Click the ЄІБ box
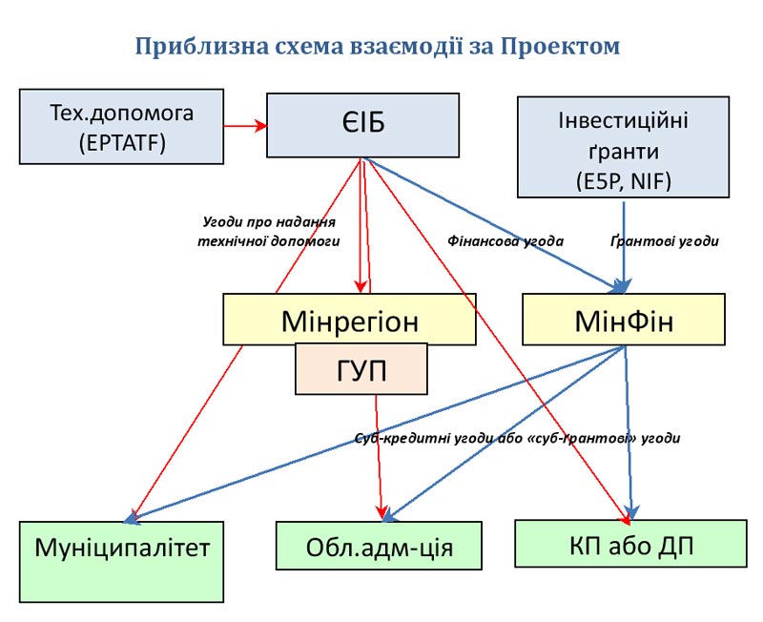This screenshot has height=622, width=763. pyautogui.click(x=362, y=125)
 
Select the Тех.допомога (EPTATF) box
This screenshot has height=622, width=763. pyautogui.click(x=121, y=127)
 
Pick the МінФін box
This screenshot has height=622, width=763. pyautogui.click(x=624, y=320)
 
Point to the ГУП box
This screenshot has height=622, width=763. pyautogui.click(x=361, y=369)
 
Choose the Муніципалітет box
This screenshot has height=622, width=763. pyautogui.click(x=121, y=549)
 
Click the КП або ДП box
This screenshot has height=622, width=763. pyautogui.click(x=630, y=545)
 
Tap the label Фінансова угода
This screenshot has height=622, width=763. pyautogui.click(x=505, y=241)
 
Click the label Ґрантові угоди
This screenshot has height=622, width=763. pyautogui.click(x=664, y=241)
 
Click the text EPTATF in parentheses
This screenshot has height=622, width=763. pyautogui.click(x=121, y=143)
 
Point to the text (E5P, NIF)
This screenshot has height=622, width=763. pyautogui.click(x=623, y=180)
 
